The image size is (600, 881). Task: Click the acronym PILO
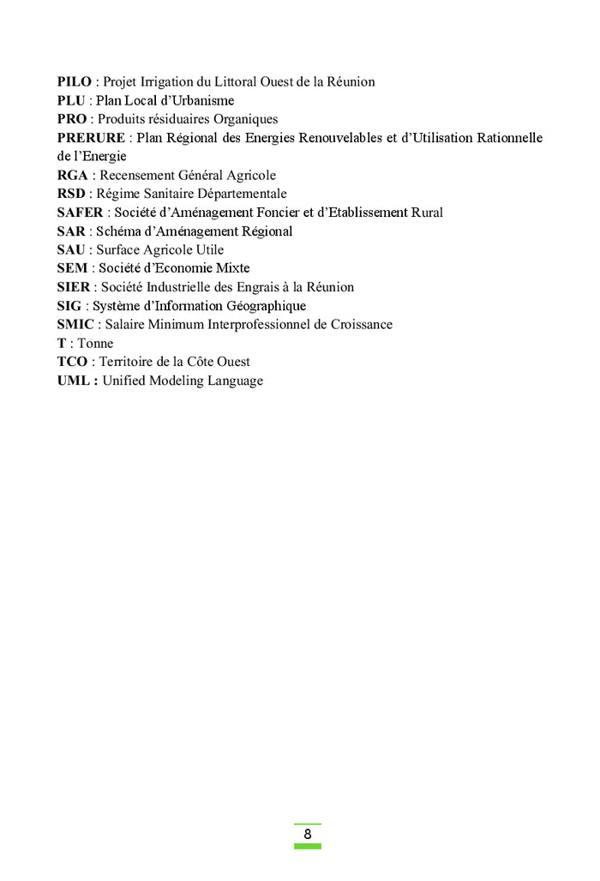(x=75, y=82)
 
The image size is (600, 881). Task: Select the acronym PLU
(x=71, y=101)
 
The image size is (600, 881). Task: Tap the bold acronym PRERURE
(x=91, y=138)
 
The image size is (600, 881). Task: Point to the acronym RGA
(x=73, y=176)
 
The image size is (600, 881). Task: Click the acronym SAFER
(x=80, y=213)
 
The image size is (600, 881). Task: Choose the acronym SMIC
(x=75, y=325)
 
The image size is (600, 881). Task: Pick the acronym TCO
(x=72, y=363)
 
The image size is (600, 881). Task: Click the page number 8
(x=307, y=835)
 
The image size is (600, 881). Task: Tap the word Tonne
(x=95, y=344)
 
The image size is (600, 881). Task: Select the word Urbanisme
(x=204, y=101)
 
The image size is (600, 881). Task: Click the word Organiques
(x=246, y=120)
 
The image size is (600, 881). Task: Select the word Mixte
(x=232, y=269)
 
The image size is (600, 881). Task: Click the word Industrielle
(x=188, y=288)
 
